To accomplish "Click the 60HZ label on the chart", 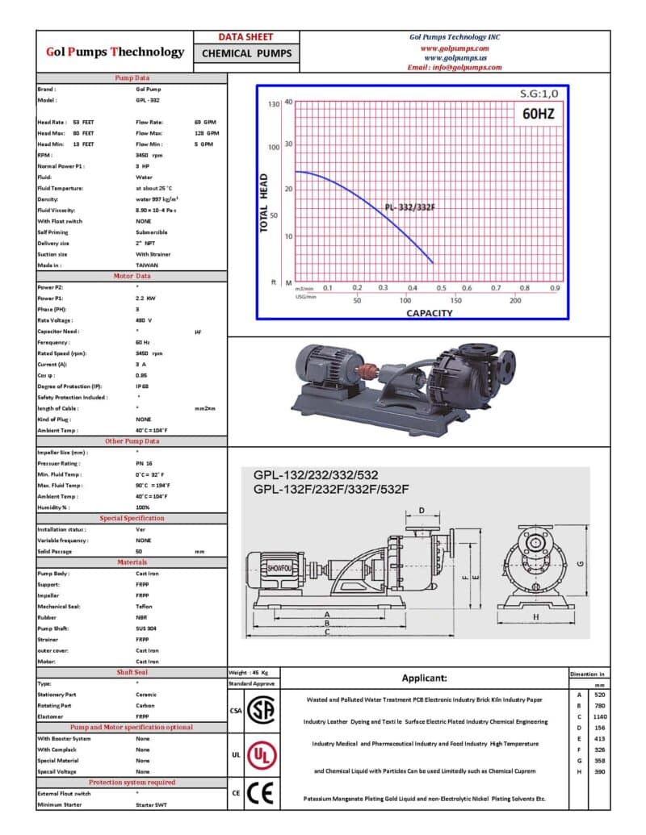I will point(539,113).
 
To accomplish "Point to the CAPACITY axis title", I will point(429,313).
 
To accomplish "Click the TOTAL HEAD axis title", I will point(263,203).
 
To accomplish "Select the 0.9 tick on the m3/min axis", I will point(555,287).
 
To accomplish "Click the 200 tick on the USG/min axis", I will point(515,300).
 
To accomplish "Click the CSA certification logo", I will point(259,711).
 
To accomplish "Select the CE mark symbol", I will point(259,793).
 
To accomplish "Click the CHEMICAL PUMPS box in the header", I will point(246,53).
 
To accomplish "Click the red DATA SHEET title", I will point(246,37).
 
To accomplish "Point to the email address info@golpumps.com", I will point(455,68).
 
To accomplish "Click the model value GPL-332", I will point(147,100).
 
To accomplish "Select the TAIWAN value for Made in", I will point(147,265).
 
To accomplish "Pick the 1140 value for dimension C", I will point(599,716).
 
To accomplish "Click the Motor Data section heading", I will point(131,276).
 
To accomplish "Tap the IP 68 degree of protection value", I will point(145,386).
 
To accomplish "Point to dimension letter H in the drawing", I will point(535,617).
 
